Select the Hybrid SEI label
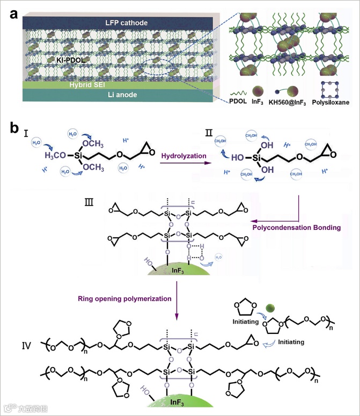tap(114, 84)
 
